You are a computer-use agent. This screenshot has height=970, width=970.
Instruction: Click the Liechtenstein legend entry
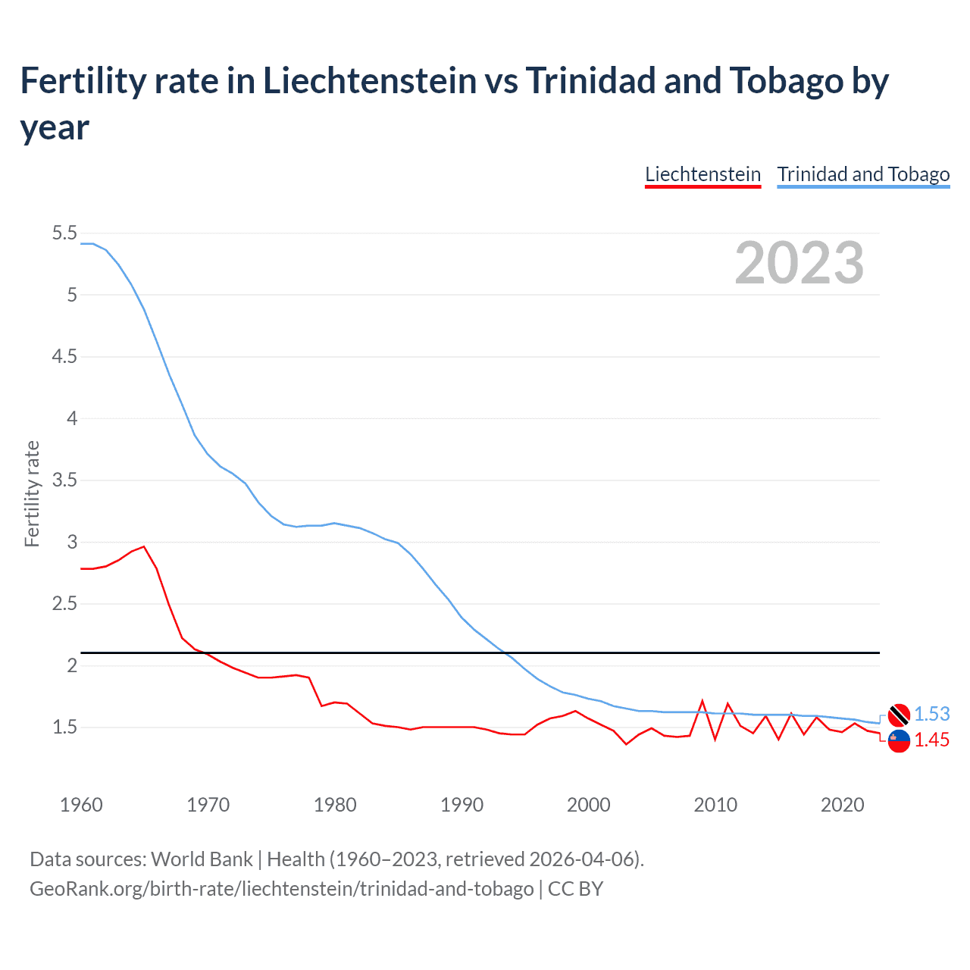click(x=702, y=174)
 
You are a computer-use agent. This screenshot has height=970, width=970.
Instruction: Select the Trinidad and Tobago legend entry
click(x=863, y=174)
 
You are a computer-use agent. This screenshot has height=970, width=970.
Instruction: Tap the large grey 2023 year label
click(x=799, y=263)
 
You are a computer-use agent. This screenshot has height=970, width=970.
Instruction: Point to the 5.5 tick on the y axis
click(x=64, y=233)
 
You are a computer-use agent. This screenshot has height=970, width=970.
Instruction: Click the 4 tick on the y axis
click(x=72, y=418)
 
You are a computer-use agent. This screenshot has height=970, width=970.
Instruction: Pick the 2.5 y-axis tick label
click(x=64, y=604)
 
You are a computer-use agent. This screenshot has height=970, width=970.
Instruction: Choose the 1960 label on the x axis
click(x=81, y=805)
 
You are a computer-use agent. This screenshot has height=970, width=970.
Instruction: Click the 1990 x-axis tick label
click(x=462, y=805)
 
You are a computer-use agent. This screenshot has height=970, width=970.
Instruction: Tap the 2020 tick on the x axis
click(x=842, y=805)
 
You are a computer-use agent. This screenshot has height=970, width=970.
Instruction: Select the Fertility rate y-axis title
click(x=32, y=493)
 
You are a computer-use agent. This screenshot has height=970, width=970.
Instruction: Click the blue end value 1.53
click(x=931, y=714)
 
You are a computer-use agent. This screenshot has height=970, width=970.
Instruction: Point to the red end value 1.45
click(x=931, y=740)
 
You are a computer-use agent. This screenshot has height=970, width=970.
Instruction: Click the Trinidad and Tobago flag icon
click(x=899, y=714)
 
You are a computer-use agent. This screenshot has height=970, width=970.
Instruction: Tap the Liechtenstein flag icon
click(x=899, y=740)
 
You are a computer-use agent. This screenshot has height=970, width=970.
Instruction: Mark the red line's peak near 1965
click(x=144, y=546)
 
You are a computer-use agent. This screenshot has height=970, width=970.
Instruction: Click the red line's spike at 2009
click(x=702, y=701)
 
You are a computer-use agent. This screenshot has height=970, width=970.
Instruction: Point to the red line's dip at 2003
click(x=626, y=744)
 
